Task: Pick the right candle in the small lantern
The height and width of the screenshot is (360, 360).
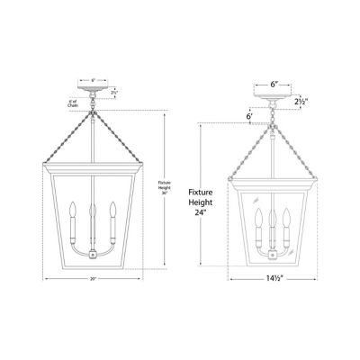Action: click(x=284, y=220)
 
